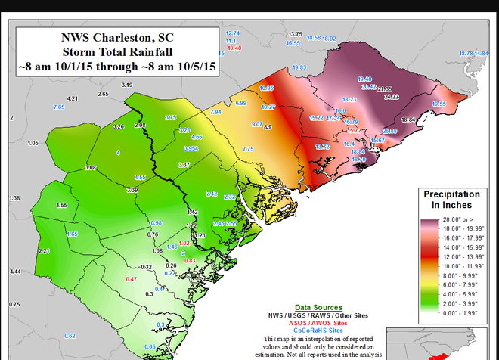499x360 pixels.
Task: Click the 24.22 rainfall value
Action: (x=392, y=98)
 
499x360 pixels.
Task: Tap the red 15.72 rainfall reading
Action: (x=353, y=130)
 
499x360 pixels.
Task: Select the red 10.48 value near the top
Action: (x=234, y=48)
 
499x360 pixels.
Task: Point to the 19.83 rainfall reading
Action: (x=299, y=67)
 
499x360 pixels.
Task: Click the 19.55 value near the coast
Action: (x=439, y=104)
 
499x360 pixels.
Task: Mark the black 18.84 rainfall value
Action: (x=409, y=120)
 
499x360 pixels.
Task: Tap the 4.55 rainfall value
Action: (x=140, y=177)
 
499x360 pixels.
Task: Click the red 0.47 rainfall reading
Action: (x=131, y=279)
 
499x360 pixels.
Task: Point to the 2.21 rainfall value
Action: (x=44, y=251)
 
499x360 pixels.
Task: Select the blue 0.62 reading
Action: (x=70, y=336)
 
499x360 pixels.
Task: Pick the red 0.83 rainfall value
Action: (x=191, y=260)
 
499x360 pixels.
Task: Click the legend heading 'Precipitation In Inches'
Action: (x=447, y=200)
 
